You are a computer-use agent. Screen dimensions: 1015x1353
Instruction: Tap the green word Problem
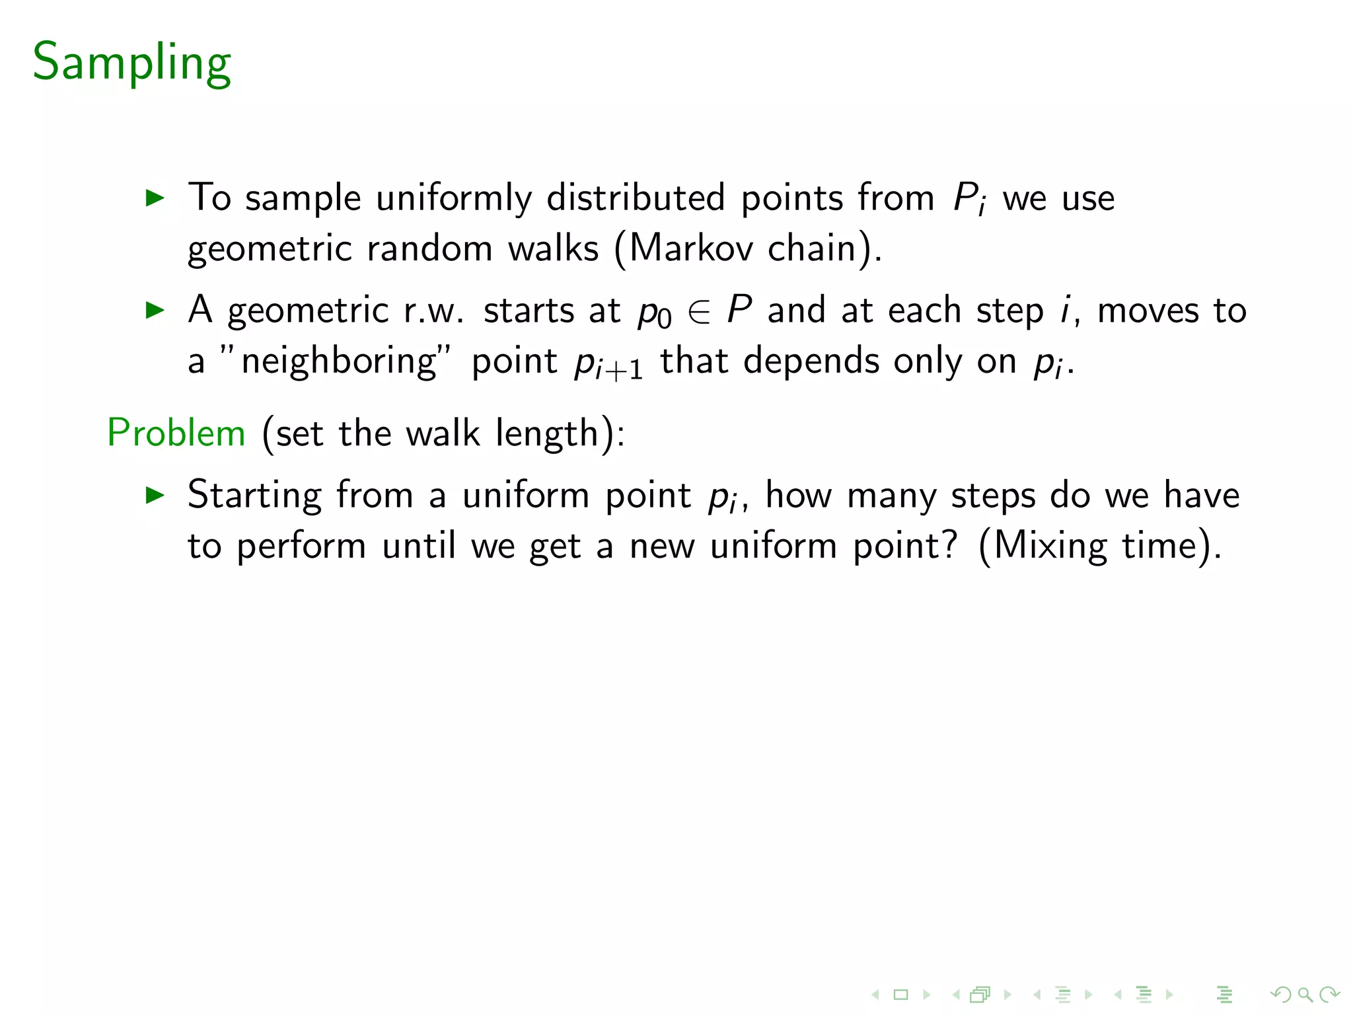click(x=176, y=433)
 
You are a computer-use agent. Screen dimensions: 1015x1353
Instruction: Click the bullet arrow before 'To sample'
click(x=155, y=198)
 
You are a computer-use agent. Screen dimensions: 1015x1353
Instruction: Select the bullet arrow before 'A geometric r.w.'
click(x=155, y=310)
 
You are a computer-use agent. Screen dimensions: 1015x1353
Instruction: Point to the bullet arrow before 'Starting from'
click(x=155, y=495)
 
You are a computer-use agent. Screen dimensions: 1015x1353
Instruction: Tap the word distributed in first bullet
click(x=636, y=198)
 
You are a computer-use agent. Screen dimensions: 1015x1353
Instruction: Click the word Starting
click(x=254, y=496)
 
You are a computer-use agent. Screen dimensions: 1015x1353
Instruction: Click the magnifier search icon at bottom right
click(x=1305, y=994)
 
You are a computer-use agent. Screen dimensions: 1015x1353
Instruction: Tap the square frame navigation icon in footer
click(x=900, y=994)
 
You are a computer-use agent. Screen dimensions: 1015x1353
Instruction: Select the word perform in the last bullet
click(x=301, y=547)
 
